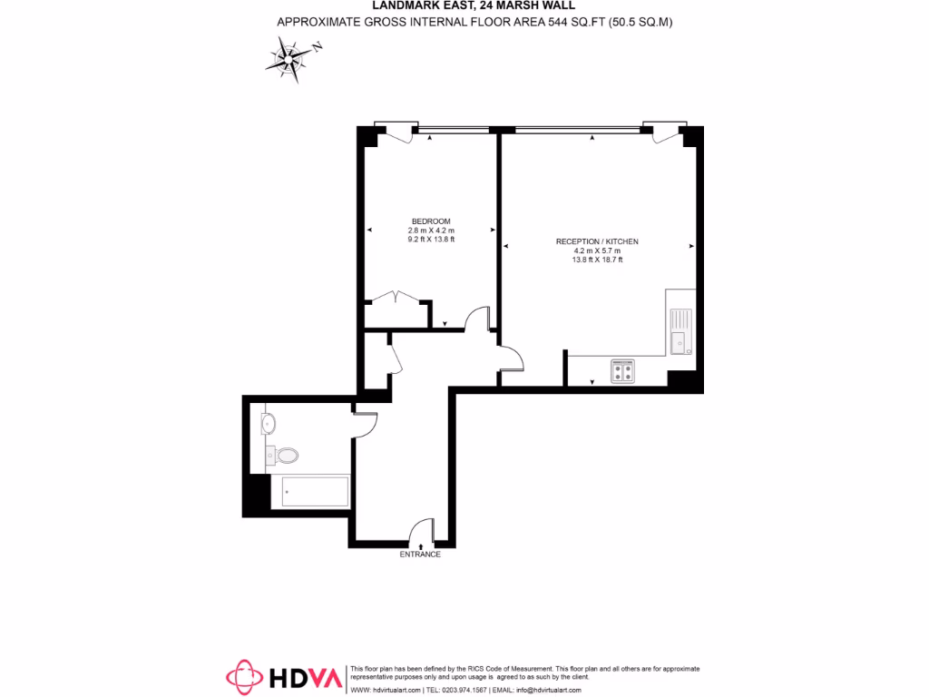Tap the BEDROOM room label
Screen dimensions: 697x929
[x=431, y=221]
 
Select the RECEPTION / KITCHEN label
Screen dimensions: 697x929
[x=597, y=241]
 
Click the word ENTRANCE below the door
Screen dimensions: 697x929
[x=420, y=554]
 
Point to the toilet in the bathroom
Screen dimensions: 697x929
[x=285, y=455]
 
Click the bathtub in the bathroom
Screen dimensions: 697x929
[x=309, y=492]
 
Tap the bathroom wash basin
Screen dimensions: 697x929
[x=269, y=423]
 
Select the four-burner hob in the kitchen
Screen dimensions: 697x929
[x=623, y=370]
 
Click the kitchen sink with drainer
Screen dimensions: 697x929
[x=680, y=333]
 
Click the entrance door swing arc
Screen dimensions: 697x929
[x=422, y=530]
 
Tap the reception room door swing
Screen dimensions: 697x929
[x=512, y=358]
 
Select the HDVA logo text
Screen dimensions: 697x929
[x=305, y=677]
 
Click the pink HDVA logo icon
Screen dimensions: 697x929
[x=244, y=677]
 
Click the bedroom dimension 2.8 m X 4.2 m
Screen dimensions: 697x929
[x=431, y=231]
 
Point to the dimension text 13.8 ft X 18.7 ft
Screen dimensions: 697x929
[x=597, y=260]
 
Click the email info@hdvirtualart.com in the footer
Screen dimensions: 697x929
[x=549, y=690]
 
